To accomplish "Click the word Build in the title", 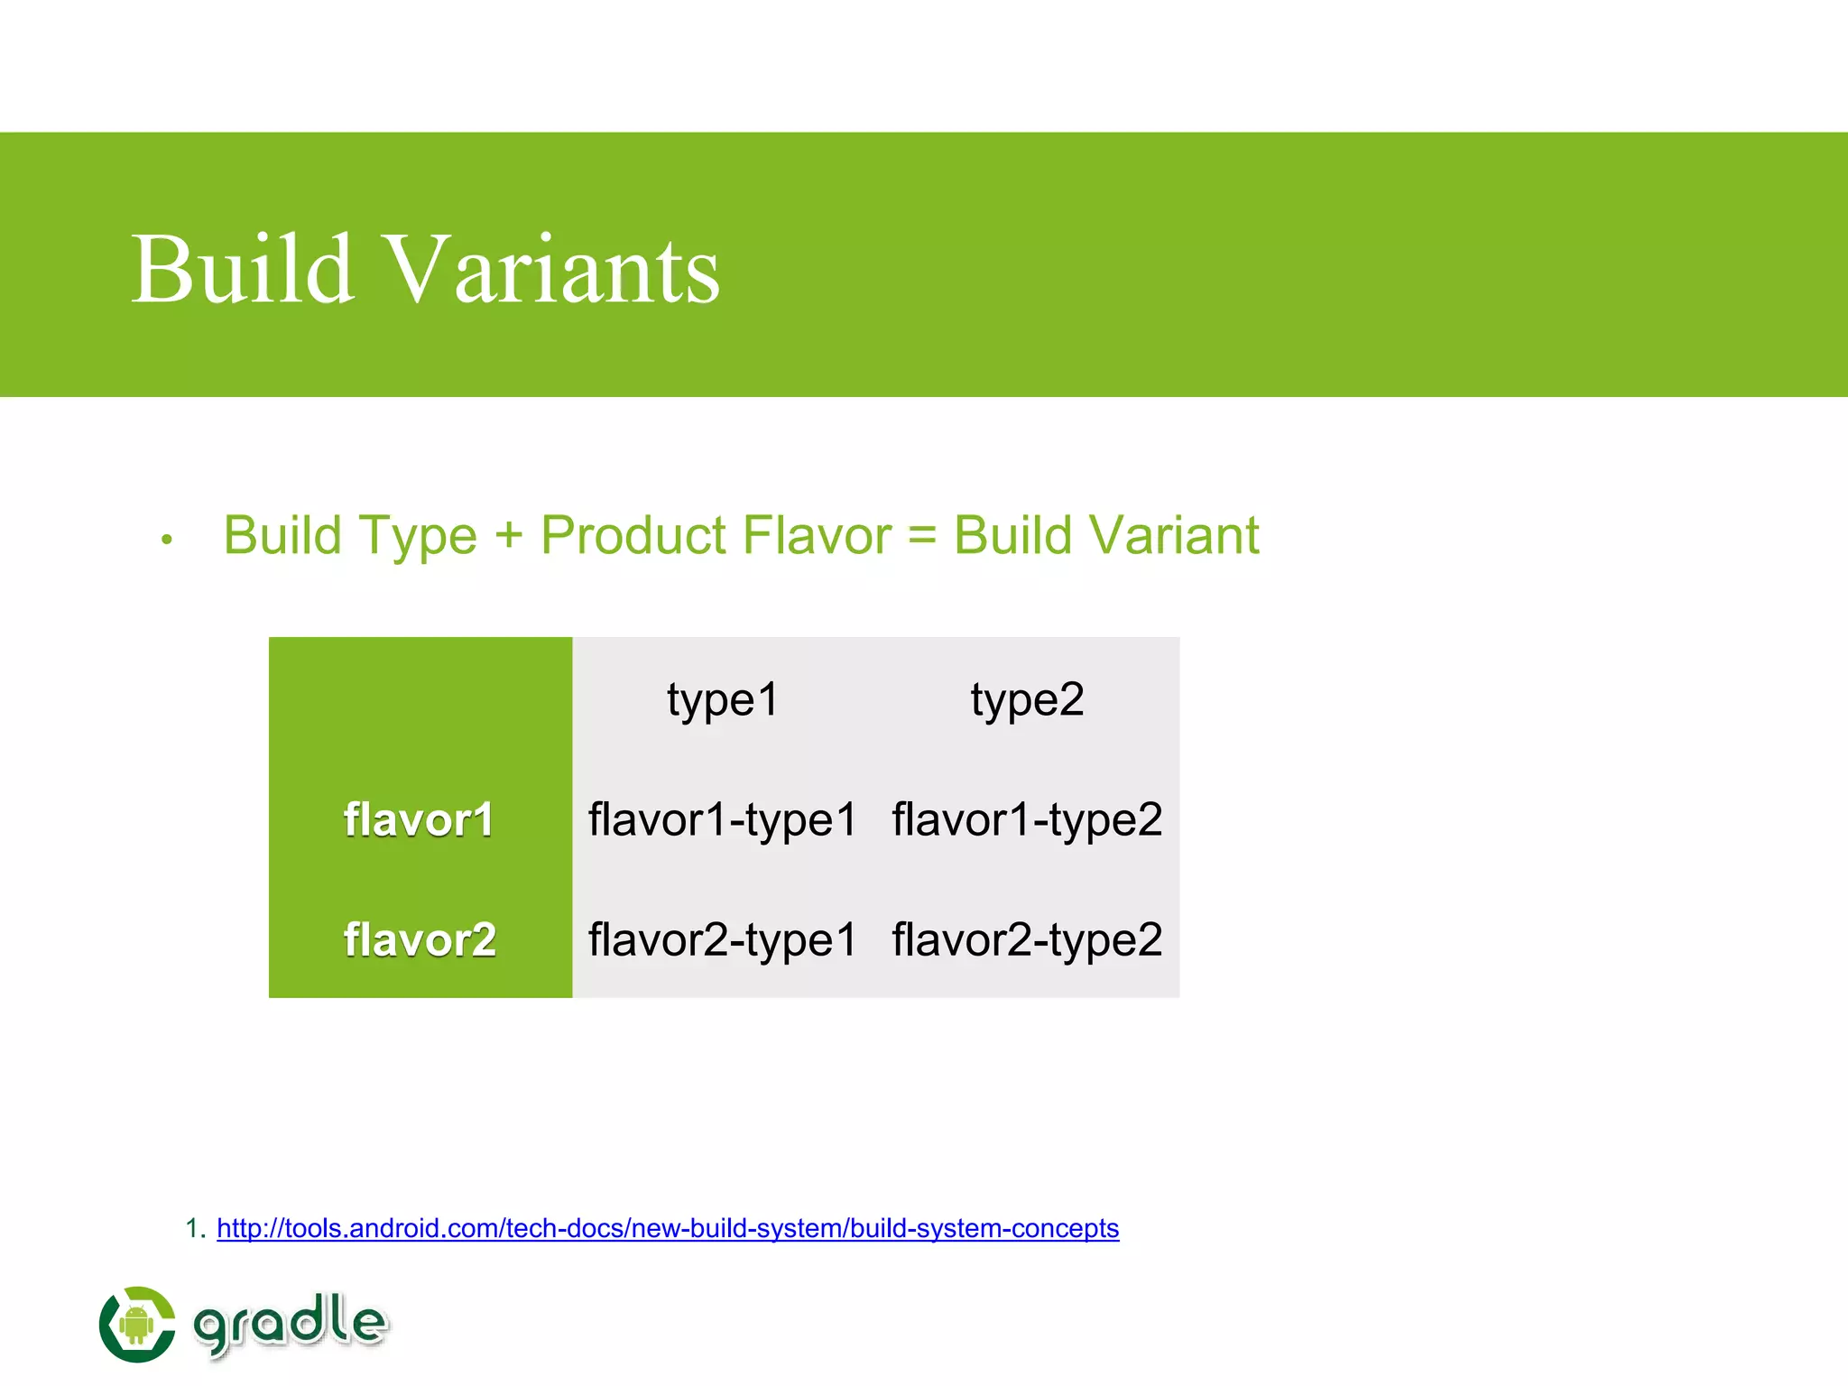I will [x=242, y=270].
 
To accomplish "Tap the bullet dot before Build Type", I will [x=166, y=541].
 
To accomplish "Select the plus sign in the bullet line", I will [x=509, y=536].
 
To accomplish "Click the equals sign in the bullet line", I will [x=922, y=536].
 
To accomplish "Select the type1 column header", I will [x=723, y=699].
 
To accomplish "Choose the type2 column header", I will [x=1027, y=699].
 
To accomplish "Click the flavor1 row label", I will [x=419, y=820].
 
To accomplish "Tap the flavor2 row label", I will [x=420, y=940].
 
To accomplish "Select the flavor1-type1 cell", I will [x=722, y=820].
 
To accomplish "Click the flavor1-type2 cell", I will [x=1027, y=820].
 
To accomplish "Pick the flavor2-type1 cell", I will [x=722, y=940].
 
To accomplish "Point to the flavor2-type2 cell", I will [x=1027, y=940].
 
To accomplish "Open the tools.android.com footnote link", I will [x=668, y=1228].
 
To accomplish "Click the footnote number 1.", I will [x=192, y=1228].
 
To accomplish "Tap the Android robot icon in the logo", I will [x=136, y=1324].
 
